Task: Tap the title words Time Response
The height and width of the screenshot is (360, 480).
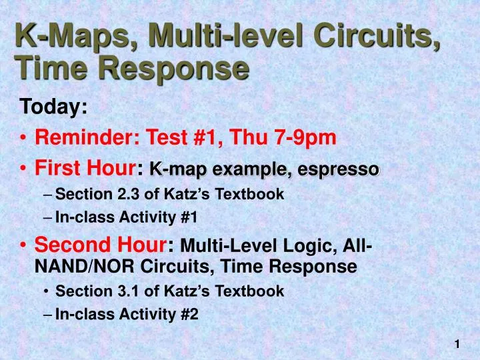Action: click(x=132, y=68)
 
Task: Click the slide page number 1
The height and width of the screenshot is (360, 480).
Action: click(x=457, y=344)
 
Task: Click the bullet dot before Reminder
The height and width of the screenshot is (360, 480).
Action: click(x=24, y=139)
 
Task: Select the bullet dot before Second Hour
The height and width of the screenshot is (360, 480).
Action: click(x=24, y=245)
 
